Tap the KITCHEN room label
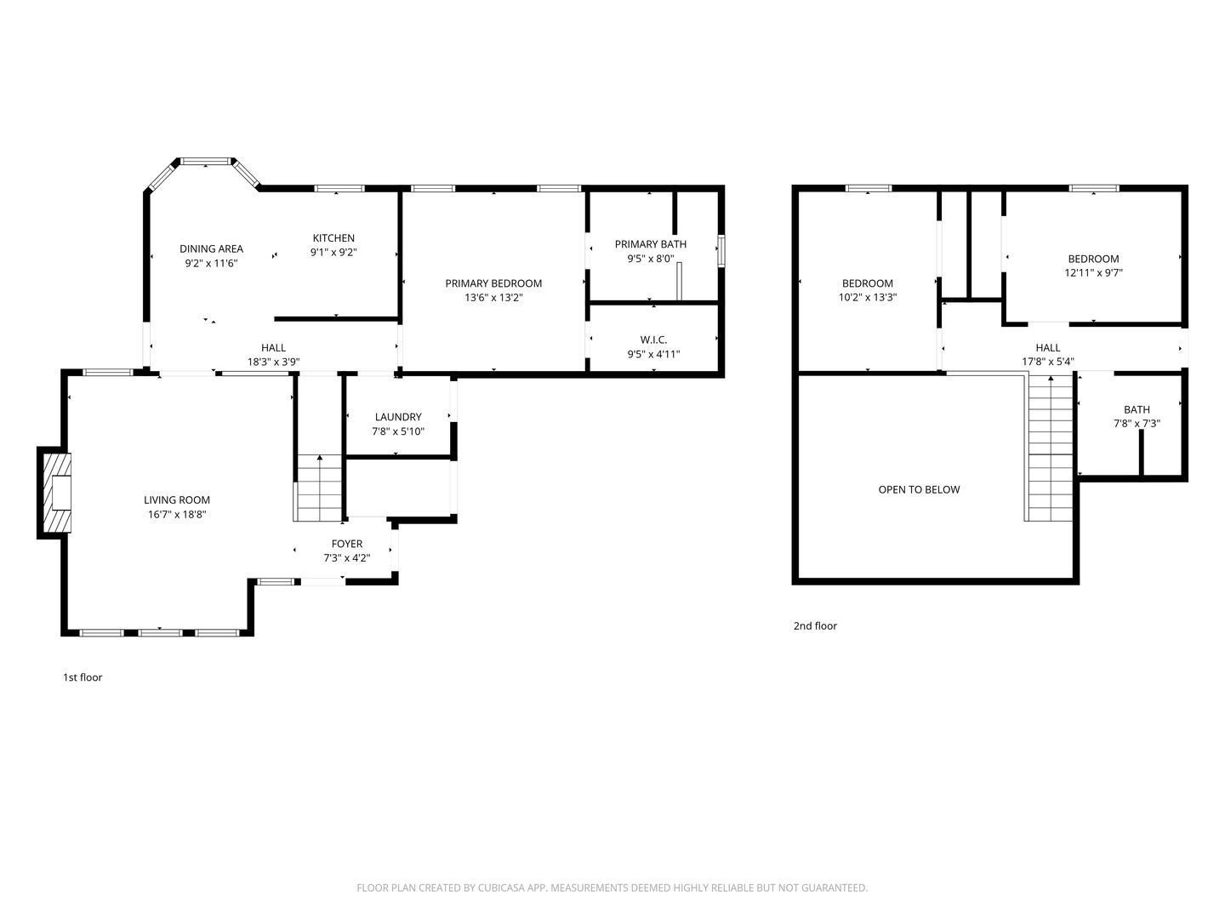[333, 237]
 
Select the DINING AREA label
[211, 248]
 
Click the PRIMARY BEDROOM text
[493, 283]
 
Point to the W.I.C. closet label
[653, 340]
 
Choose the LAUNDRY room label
[398, 417]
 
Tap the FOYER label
[346, 544]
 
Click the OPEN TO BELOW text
[919, 489]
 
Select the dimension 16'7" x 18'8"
[177, 515]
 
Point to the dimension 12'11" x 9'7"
[1093, 273]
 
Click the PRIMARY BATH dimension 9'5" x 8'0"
[651, 259]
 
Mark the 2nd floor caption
[815, 626]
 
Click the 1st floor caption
[83, 677]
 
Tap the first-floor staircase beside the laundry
[319, 488]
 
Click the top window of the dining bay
[205, 162]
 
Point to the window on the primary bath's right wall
[721, 250]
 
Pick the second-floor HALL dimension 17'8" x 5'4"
[1047, 362]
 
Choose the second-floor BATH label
[1137, 409]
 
